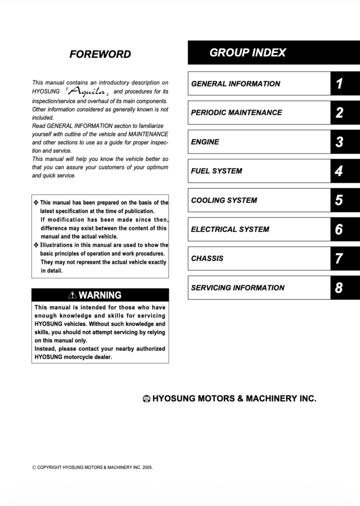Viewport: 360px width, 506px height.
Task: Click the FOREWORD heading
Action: (100, 54)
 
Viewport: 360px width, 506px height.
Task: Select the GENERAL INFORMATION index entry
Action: (235, 84)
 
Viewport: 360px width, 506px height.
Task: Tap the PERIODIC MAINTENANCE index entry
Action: (236, 113)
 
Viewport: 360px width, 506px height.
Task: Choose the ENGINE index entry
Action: (205, 142)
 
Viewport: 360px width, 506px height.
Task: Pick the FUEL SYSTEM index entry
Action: (217, 171)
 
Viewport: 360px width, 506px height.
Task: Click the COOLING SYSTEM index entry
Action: (224, 200)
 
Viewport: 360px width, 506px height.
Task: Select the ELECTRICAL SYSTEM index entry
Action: (230, 229)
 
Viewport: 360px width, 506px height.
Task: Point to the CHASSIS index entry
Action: (207, 258)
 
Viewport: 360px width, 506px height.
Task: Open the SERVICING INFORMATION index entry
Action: (238, 288)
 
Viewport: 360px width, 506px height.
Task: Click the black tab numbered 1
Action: (339, 84)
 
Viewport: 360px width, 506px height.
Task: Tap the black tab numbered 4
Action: (339, 171)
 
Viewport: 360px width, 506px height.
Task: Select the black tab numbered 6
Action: (339, 229)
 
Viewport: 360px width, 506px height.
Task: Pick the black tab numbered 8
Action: (339, 288)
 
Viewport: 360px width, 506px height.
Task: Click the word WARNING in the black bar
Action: (100, 295)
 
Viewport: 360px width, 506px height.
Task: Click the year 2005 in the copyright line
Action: (147, 467)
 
